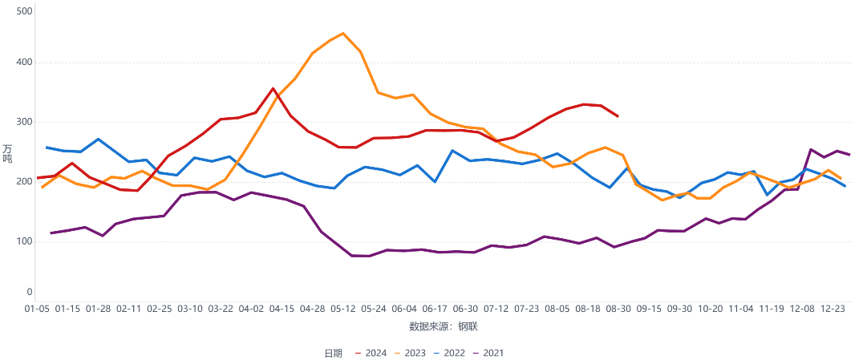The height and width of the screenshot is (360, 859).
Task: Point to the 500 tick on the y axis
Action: pyautogui.click(x=24, y=11)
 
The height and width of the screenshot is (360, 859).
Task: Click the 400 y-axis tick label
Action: pyautogui.click(x=24, y=63)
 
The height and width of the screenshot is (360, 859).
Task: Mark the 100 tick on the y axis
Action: pyautogui.click(x=24, y=241)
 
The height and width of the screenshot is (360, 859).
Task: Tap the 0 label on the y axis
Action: pyautogui.click(x=29, y=293)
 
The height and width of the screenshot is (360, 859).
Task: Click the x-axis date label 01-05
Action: pyautogui.click(x=37, y=308)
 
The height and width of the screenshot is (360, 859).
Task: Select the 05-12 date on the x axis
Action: pyautogui.click(x=343, y=308)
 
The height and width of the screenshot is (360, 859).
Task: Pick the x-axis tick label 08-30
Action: pyautogui.click(x=618, y=308)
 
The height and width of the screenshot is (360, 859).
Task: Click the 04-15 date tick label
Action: pyautogui.click(x=282, y=308)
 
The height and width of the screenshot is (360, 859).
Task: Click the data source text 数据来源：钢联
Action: pyautogui.click(x=444, y=326)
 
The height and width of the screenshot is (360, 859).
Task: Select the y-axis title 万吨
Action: pyautogui.click(x=7, y=152)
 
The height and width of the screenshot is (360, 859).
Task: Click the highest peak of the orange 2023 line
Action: pyautogui.click(x=343, y=34)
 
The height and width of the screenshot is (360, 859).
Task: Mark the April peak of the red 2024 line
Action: pyautogui.click(x=274, y=88)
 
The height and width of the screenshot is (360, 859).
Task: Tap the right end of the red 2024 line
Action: pyautogui.click(x=618, y=116)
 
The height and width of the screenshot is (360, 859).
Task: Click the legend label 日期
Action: pyautogui.click(x=334, y=353)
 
